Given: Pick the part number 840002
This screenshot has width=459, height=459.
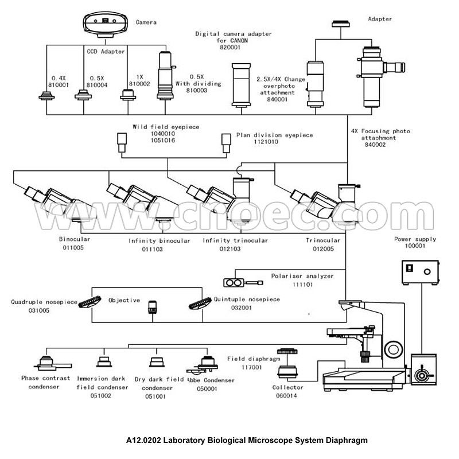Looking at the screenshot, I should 375,145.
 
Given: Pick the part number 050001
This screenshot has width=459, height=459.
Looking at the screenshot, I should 207,388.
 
